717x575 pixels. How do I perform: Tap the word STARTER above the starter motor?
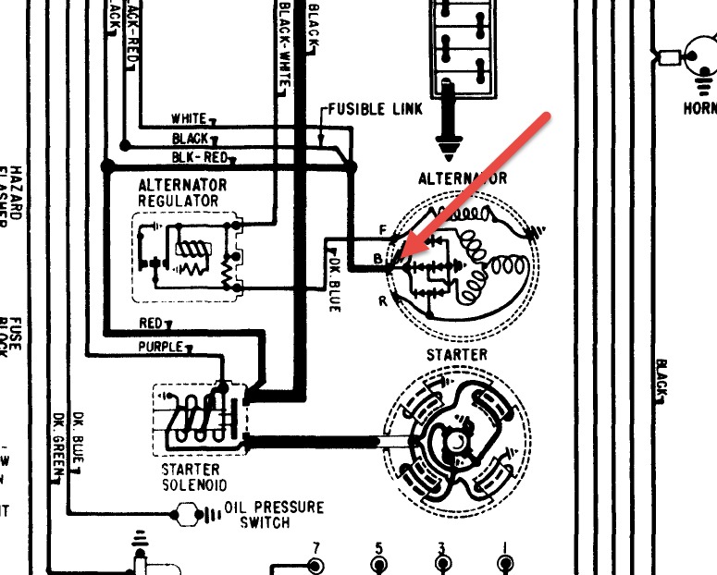pyautogui.click(x=456, y=355)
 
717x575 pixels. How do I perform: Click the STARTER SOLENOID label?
pyautogui.click(x=193, y=477)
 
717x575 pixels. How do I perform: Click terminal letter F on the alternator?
pyautogui.click(x=382, y=228)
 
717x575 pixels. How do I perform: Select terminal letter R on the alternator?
pyautogui.click(x=381, y=300)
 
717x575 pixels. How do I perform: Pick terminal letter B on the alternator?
pyautogui.click(x=377, y=262)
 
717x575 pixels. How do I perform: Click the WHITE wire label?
pyautogui.click(x=189, y=119)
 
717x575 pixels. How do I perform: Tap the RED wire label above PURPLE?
pyautogui.click(x=151, y=324)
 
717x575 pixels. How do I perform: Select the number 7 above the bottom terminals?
pyautogui.click(x=315, y=546)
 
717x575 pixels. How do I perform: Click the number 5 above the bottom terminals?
pyautogui.click(x=378, y=546)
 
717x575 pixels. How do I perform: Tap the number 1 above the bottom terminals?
pyautogui.click(x=505, y=546)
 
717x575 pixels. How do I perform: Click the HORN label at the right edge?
pyautogui.click(x=699, y=108)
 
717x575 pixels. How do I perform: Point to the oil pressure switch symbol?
pyautogui.click(x=195, y=513)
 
